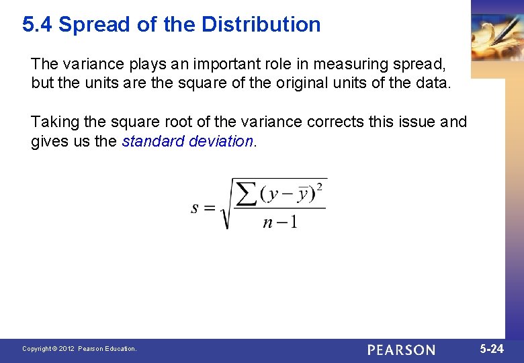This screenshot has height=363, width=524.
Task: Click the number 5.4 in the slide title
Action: (x=38, y=25)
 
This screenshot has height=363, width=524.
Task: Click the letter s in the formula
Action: (x=195, y=208)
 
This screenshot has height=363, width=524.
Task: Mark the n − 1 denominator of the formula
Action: (x=279, y=222)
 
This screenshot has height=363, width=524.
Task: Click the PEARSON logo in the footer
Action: (x=401, y=350)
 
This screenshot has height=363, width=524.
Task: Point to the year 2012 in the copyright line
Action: (x=66, y=349)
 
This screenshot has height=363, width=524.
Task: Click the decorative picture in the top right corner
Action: (x=497, y=34)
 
